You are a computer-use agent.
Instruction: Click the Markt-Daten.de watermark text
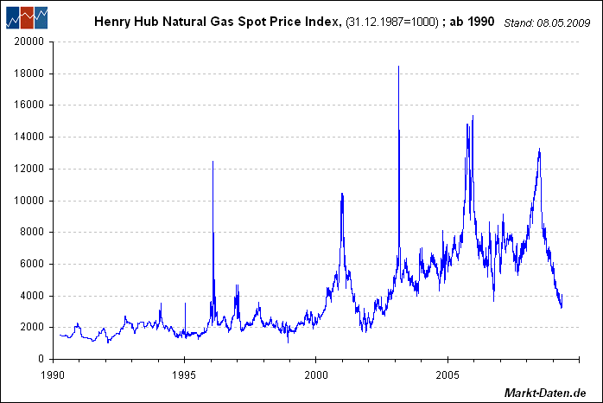546,393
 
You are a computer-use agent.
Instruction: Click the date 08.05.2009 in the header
564,22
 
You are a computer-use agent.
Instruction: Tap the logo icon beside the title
26,16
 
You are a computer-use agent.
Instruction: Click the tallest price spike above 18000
398,67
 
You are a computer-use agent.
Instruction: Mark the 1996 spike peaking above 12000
213,162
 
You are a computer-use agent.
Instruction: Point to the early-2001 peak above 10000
342,195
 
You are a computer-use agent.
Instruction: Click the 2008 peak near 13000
539,150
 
